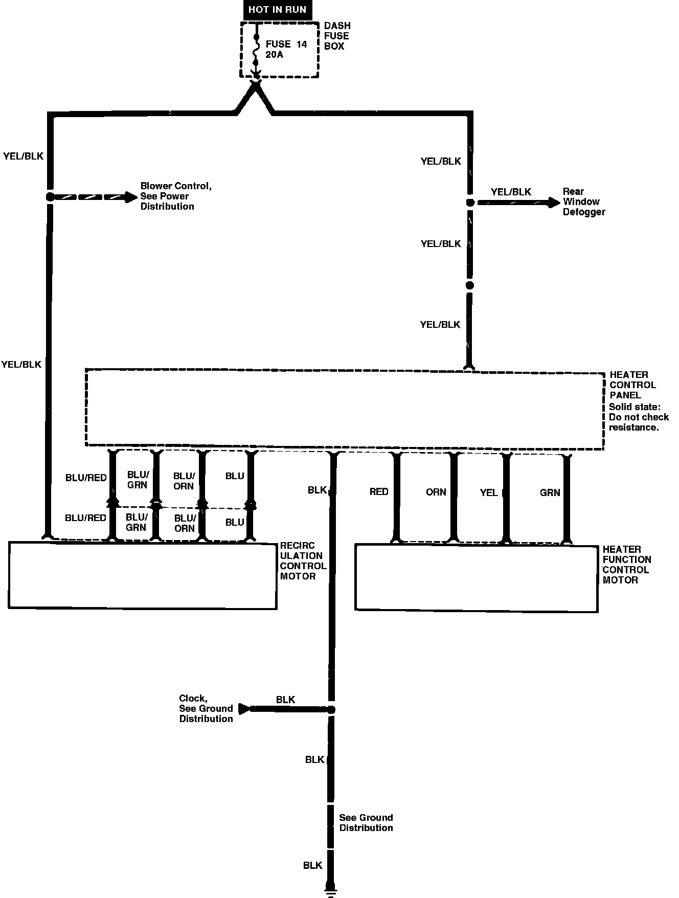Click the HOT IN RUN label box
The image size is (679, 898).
[277, 10]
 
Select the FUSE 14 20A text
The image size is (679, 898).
[286, 49]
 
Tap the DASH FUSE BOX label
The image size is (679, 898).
[337, 36]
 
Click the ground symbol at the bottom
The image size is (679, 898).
[331, 892]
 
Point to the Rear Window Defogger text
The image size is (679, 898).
[584, 201]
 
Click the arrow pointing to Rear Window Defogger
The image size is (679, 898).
[518, 203]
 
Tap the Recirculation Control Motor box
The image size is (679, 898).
[143, 575]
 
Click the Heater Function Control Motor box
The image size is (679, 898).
[477, 577]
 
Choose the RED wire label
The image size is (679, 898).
[379, 491]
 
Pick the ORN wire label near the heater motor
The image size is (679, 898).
[436, 492]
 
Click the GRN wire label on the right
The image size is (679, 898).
[550, 492]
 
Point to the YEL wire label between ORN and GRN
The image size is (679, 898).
[489, 492]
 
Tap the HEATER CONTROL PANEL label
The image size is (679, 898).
[632, 385]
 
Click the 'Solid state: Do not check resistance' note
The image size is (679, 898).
[639, 417]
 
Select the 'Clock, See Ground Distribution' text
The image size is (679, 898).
[206, 708]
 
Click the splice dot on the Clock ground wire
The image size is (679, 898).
[331, 709]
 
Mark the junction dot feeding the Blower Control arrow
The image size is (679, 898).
[50, 196]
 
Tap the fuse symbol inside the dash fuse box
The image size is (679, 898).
[256, 50]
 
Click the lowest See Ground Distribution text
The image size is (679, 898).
[366, 822]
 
